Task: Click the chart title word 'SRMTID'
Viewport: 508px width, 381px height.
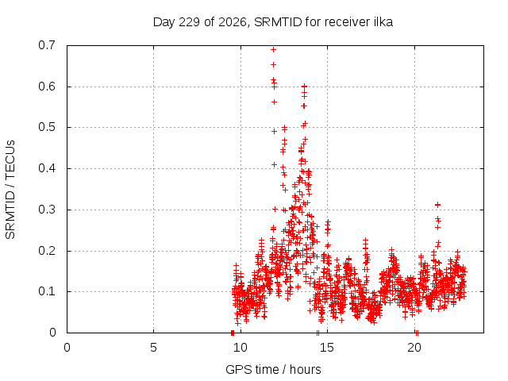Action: pyautogui.click(x=278, y=22)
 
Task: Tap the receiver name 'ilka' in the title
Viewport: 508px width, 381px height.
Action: pyautogui.click(x=384, y=22)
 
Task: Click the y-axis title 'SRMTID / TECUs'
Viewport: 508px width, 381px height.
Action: pyautogui.click(x=10, y=190)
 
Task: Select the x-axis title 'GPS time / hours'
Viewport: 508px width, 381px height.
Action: pyautogui.click(x=273, y=369)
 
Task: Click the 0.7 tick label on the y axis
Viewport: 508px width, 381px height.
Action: pyautogui.click(x=47, y=45)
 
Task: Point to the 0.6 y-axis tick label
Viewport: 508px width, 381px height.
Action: pyautogui.click(x=47, y=87)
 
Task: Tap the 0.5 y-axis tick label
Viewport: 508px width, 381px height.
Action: pyautogui.click(x=47, y=127)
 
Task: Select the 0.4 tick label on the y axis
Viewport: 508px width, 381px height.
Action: pyautogui.click(x=47, y=168)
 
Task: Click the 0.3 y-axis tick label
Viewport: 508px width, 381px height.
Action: pyautogui.click(x=47, y=210)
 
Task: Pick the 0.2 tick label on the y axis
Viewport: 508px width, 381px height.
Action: pyautogui.click(x=47, y=251)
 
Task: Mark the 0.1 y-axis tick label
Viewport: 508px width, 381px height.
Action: pyautogui.click(x=47, y=291)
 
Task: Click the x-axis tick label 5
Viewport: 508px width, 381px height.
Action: pyautogui.click(x=153, y=348)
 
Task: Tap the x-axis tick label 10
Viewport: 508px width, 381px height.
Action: pyautogui.click(x=241, y=348)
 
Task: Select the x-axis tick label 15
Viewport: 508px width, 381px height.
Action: pyautogui.click(x=327, y=348)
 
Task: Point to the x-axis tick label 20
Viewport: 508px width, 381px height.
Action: pyautogui.click(x=414, y=348)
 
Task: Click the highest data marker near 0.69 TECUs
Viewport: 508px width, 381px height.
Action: pyautogui.click(x=273, y=49)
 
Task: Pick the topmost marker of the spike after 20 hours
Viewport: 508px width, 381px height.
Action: pyautogui.click(x=437, y=205)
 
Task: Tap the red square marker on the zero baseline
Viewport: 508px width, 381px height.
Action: pyautogui.click(x=233, y=333)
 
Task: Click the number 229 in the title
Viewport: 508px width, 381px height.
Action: pyautogui.click(x=189, y=22)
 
